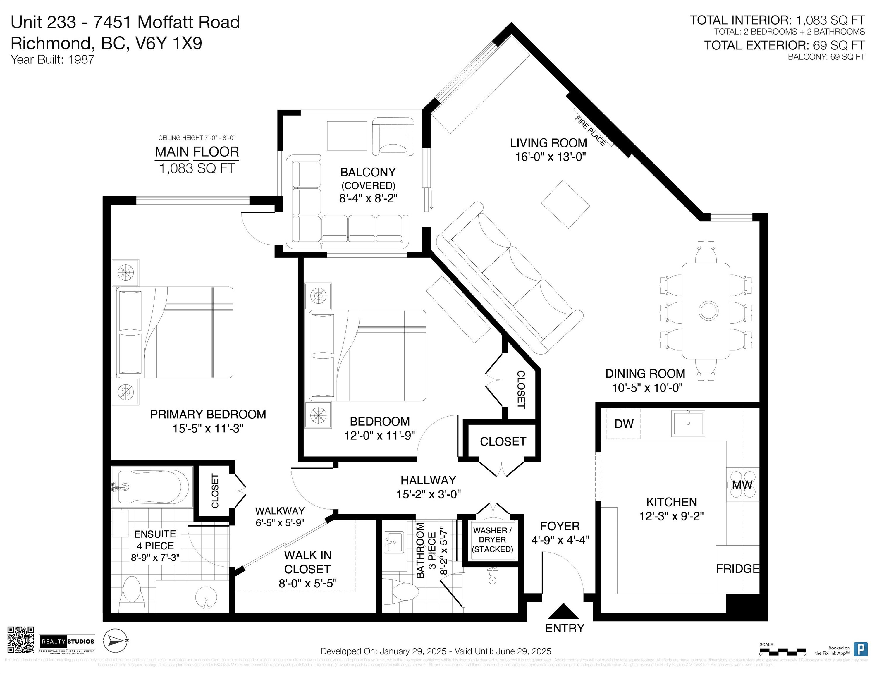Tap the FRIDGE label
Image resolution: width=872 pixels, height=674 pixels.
[x=737, y=569]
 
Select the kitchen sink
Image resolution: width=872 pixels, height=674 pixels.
[x=689, y=423]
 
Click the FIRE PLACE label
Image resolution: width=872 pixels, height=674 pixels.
[x=590, y=130]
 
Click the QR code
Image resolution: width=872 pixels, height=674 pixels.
[x=21, y=640]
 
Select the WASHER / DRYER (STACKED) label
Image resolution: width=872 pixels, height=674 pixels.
[x=492, y=540]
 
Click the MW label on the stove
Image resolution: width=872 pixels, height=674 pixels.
[x=742, y=485]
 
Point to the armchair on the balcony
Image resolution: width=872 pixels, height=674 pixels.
[x=392, y=136]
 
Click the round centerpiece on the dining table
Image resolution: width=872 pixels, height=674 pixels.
[x=708, y=310]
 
